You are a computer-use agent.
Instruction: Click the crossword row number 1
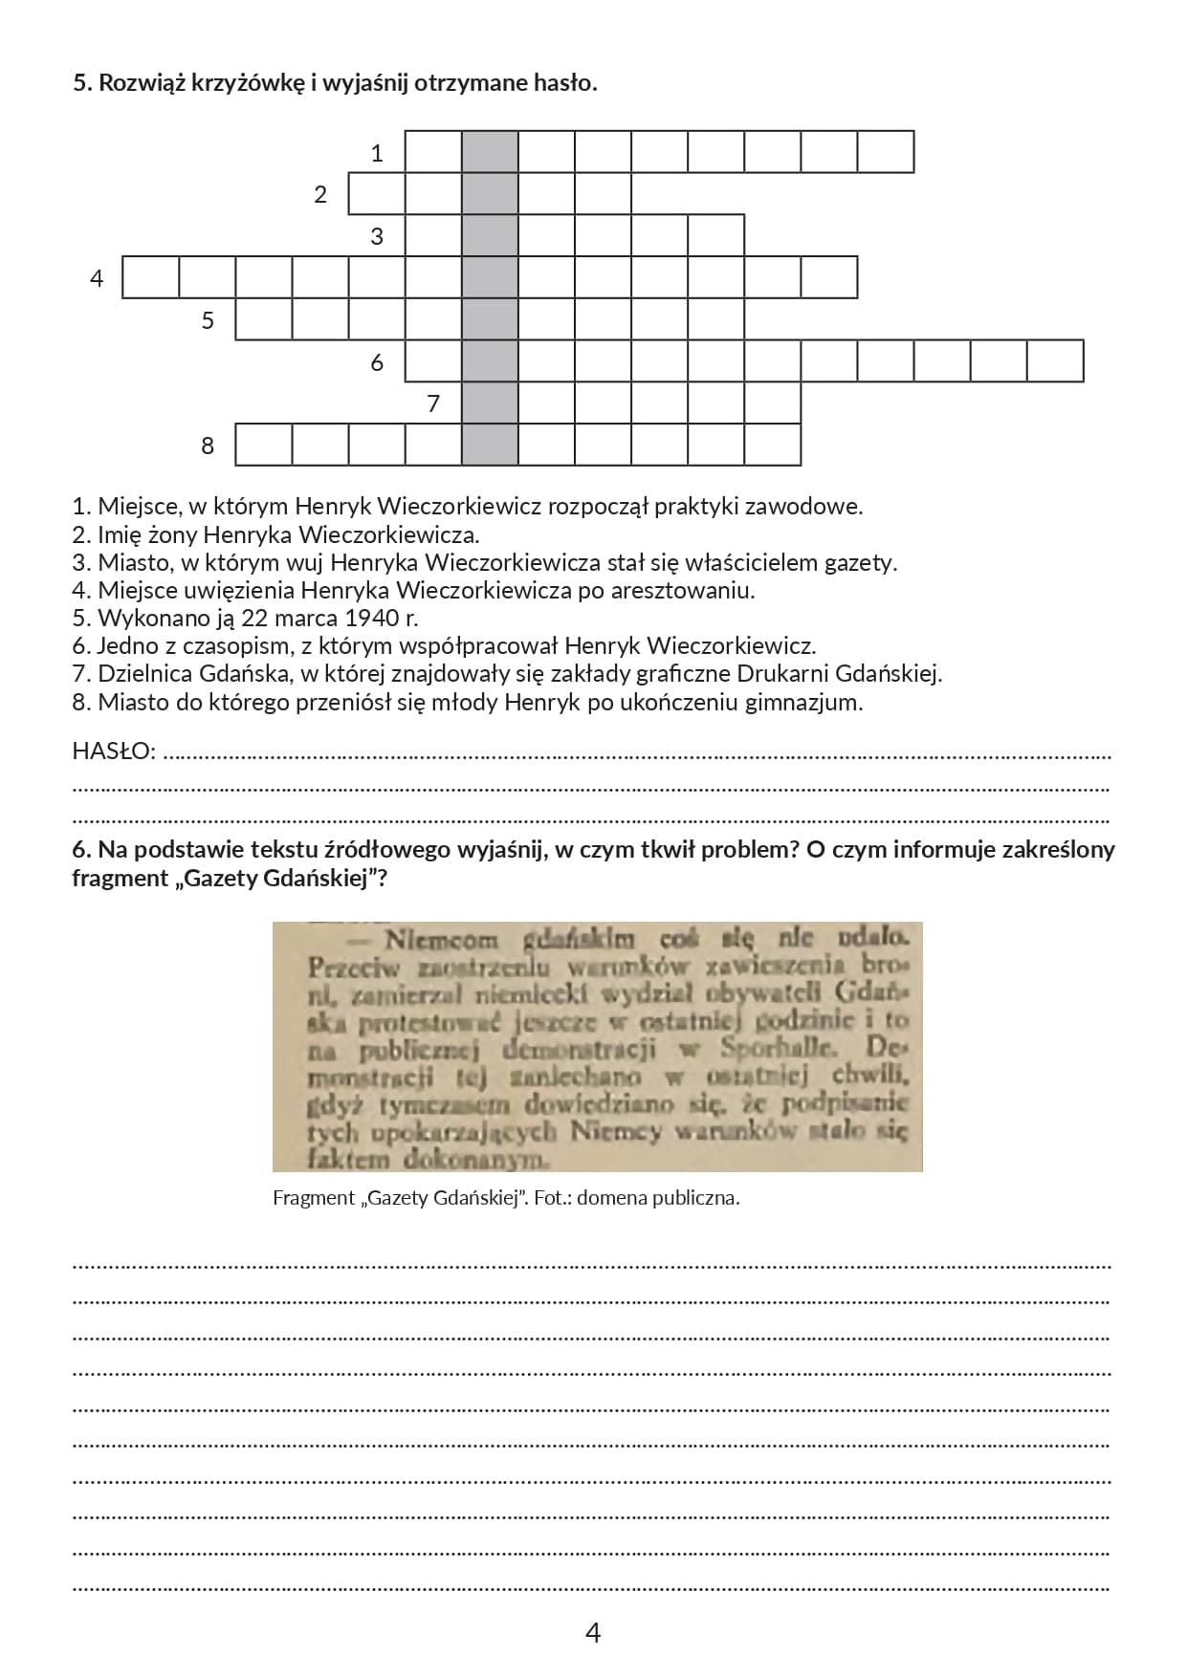pos(377,153)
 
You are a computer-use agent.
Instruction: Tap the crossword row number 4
pos(96,278)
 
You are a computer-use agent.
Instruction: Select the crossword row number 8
pos(208,446)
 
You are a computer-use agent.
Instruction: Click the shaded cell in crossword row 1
pos(490,151)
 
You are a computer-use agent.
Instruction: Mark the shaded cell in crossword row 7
pos(490,403)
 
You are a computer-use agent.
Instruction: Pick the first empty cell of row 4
pos(151,277)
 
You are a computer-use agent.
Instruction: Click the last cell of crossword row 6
pos(1055,361)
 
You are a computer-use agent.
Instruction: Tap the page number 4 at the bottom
pos(592,1632)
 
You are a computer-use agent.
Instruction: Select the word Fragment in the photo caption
pos(313,1197)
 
